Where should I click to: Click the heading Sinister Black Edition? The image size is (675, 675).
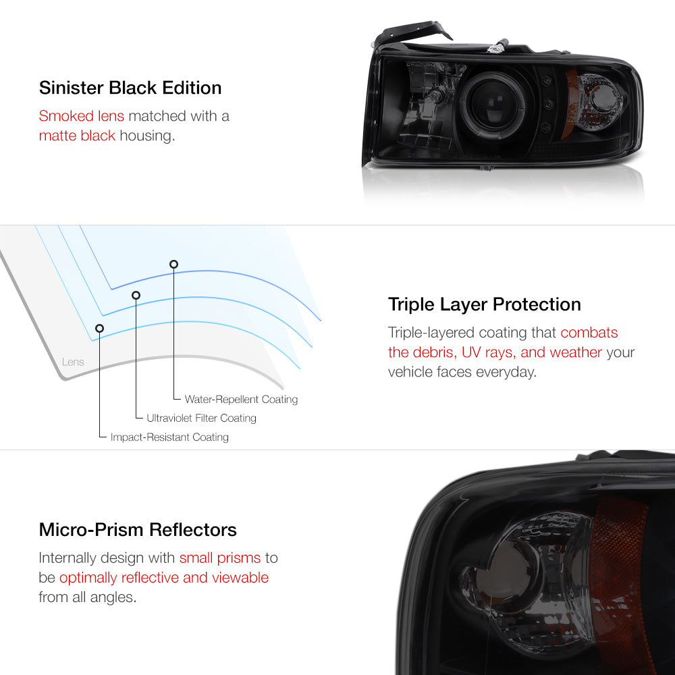[x=130, y=88]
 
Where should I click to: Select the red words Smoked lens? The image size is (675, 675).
[x=82, y=115]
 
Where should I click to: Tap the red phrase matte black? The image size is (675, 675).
[x=77, y=136]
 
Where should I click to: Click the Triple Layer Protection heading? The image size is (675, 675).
[x=484, y=304]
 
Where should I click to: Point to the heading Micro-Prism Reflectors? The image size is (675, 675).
[x=138, y=529]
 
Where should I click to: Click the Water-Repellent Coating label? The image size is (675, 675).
[x=241, y=400]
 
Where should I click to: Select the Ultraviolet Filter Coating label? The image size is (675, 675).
[x=201, y=418]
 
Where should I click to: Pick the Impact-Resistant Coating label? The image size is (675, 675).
[x=169, y=437]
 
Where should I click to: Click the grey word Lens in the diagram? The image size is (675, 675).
[x=73, y=362]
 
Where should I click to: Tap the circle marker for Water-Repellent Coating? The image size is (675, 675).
[x=173, y=264]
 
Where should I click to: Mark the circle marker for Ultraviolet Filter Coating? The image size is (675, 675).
[x=136, y=295]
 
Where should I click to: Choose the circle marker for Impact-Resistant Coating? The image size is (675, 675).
[x=100, y=328]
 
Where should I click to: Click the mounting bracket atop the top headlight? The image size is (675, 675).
[x=413, y=33]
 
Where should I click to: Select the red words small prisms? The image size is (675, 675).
[x=219, y=558]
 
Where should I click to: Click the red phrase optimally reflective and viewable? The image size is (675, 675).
[x=164, y=578]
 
